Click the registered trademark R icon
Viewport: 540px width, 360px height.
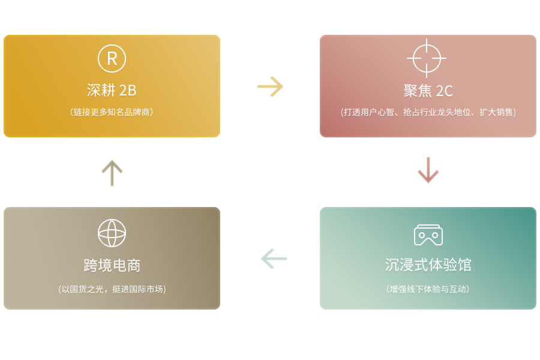pyautogui.click(x=112, y=58)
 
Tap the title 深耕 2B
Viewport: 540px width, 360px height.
pyautogui.click(x=112, y=90)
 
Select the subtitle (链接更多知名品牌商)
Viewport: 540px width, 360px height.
pyautogui.click(x=112, y=112)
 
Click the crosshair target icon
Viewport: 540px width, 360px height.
pyautogui.click(x=427, y=58)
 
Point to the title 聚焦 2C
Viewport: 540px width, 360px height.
pyautogui.click(x=428, y=91)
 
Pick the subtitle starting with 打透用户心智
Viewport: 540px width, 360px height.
pyautogui.click(x=428, y=112)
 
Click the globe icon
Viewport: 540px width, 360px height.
pyautogui.click(x=112, y=233)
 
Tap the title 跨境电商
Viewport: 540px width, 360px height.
pyautogui.click(x=112, y=265)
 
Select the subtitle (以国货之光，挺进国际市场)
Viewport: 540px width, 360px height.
pyautogui.click(x=112, y=289)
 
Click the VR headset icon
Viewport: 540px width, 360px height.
pyautogui.click(x=428, y=235)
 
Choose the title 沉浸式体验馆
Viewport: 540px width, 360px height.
pyautogui.click(x=428, y=265)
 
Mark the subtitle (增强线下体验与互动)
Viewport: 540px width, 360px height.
pyautogui.click(x=428, y=289)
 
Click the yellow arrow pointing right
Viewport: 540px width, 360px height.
pyautogui.click(x=271, y=86)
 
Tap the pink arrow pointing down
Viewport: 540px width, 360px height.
pyautogui.click(x=428, y=170)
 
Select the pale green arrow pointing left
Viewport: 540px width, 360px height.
pyautogui.click(x=274, y=259)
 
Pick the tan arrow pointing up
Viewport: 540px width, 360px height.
pyautogui.click(x=112, y=173)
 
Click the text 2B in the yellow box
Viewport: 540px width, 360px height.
pyautogui.click(x=128, y=90)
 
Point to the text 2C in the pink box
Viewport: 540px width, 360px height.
pyautogui.click(x=444, y=91)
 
